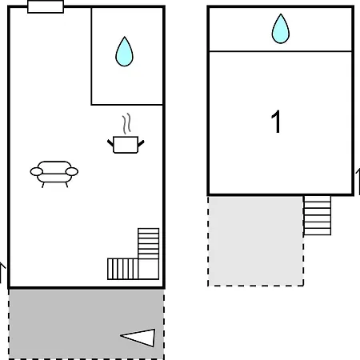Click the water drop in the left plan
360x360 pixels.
click(x=124, y=52)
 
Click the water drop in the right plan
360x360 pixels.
click(x=281, y=29)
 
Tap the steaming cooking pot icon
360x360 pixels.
click(x=126, y=134)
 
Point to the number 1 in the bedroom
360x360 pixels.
click(x=276, y=122)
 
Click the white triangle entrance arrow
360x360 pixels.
click(x=138, y=338)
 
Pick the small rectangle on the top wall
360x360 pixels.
click(x=46, y=6)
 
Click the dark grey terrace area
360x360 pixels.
click(x=86, y=324)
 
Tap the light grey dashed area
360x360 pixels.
click(x=255, y=241)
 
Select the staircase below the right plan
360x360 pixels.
click(x=318, y=215)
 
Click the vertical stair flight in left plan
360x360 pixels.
click(x=149, y=243)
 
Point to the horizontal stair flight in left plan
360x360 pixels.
click(x=122, y=269)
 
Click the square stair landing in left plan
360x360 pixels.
click(x=149, y=270)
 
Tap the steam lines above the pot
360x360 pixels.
click(x=126, y=123)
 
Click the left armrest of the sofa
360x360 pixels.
click(x=37, y=171)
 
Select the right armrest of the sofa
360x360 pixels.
click(x=72, y=171)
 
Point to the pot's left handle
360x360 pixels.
click(x=110, y=143)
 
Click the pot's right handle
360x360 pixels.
click(x=141, y=143)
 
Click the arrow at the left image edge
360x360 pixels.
click(x=2, y=273)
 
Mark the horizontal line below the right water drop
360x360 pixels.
click(x=281, y=51)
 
